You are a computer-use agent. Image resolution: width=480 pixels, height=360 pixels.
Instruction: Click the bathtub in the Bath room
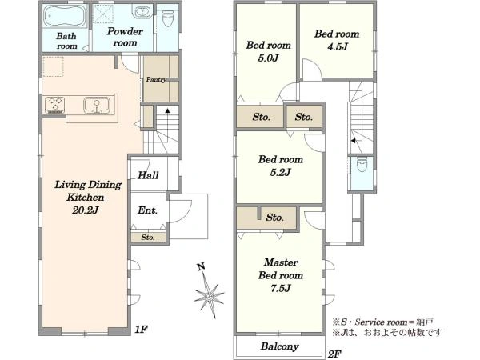tap(66, 16)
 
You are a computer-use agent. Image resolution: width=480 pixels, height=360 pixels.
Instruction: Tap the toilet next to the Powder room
tap(167, 18)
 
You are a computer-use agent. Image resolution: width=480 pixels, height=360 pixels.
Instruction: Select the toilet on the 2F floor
tap(362, 164)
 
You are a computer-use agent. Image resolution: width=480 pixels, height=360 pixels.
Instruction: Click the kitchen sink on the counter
tap(97, 106)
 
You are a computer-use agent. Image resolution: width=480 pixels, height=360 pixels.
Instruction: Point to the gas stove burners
tap(54, 104)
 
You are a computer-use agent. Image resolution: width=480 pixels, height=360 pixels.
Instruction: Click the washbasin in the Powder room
tap(141, 12)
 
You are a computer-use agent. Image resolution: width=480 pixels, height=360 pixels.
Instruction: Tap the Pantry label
tap(156, 79)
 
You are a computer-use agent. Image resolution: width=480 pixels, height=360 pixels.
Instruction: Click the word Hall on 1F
tap(148, 175)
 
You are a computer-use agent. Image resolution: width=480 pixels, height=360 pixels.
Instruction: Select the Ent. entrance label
tap(147, 210)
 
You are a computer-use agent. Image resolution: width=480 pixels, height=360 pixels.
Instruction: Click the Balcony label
tap(279, 346)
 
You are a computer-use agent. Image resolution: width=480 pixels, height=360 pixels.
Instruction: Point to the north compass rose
tap(208, 294)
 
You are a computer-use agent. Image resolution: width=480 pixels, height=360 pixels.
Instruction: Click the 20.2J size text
tap(85, 210)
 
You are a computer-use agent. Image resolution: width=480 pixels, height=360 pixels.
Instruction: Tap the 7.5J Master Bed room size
tap(280, 288)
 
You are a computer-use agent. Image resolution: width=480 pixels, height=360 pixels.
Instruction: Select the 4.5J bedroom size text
tap(338, 47)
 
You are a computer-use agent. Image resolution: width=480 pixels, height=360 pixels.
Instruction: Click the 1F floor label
tap(142, 330)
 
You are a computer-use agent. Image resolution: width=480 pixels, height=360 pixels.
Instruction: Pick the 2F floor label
tap(334, 354)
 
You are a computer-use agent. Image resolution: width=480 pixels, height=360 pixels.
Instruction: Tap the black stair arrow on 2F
tap(353, 141)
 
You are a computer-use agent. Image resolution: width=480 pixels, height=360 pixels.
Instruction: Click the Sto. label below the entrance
tap(148, 238)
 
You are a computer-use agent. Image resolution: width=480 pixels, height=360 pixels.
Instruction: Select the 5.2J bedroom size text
tap(280, 173)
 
